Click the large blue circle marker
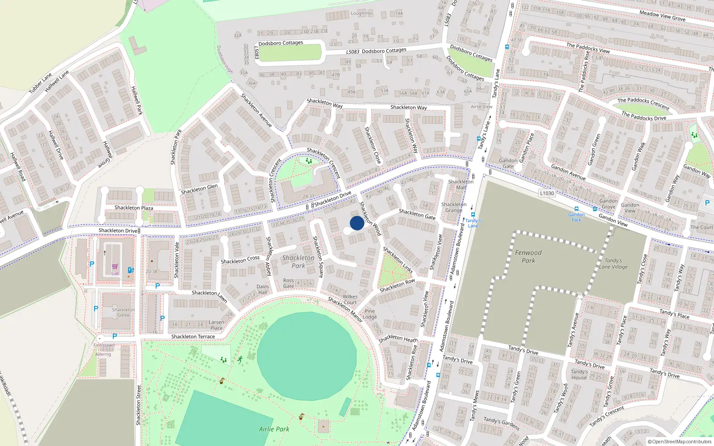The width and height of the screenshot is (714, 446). pos(357,223)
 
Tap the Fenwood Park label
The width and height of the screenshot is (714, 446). pos(528,256)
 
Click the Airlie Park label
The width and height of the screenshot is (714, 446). pos(274,429)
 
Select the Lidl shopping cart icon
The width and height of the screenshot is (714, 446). pos(115,267)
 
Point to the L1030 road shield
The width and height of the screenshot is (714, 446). pos(547,193)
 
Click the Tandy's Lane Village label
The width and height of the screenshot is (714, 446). pos(613,264)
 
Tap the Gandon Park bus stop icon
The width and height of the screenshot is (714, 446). pos(576,209)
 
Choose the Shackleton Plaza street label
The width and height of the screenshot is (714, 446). pos(133,208)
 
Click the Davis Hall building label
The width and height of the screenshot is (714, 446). pos(263,289)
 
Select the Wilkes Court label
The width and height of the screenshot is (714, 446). pos(350,299)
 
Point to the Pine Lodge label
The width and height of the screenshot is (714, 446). pos(369,314)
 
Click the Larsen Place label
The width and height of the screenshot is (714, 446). pos(216,325)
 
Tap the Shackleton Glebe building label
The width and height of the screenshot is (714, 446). pos(123,312)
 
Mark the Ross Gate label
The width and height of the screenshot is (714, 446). pos(289,283)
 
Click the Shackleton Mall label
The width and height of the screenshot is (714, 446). pos(461,185)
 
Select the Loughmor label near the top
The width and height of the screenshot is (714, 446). pos(361,13)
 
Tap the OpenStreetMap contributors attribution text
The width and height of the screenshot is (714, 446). pos(680,442)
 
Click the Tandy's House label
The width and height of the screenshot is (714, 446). pos(579,375)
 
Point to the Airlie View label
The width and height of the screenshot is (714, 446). pos(482,107)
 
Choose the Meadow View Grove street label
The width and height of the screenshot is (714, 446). pos(662,16)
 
